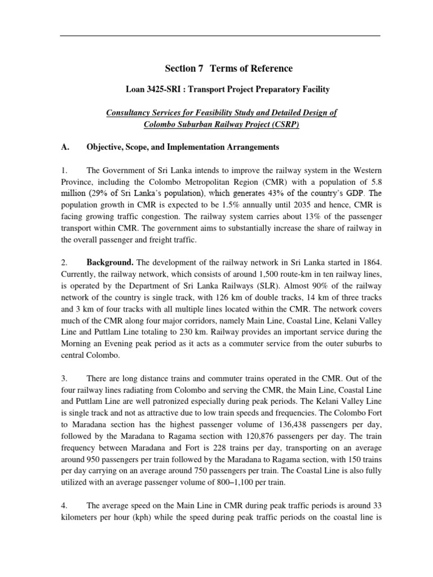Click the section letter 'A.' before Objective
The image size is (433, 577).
65,147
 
